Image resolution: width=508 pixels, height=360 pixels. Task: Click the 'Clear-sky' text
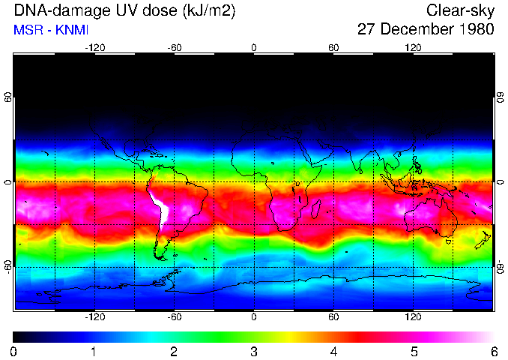[x=461, y=11]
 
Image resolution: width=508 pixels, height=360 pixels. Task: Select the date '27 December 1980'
[x=426, y=31]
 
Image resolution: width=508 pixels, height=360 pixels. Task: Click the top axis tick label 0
[x=254, y=47]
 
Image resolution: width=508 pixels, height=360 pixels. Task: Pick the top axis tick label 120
[x=414, y=47]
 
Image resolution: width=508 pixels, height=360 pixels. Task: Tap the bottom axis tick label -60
[x=174, y=316]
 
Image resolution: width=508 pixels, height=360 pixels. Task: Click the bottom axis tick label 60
[x=333, y=316]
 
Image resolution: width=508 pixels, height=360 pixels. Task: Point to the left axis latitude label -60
[x=8, y=266]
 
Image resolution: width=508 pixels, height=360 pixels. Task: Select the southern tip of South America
[x=161, y=256]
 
